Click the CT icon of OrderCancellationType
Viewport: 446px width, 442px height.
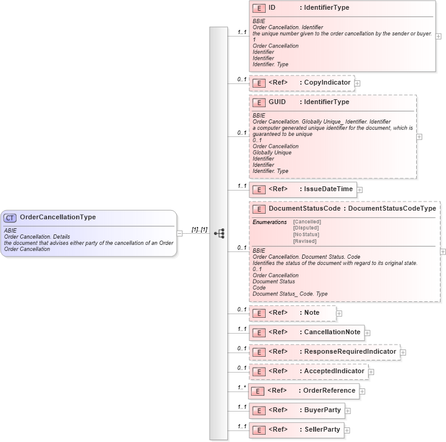pyautogui.click(x=10, y=217)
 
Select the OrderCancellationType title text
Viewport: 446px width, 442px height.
pyautogui.click(x=58, y=217)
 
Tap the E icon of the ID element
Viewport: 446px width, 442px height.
pyautogui.click(x=258, y=9)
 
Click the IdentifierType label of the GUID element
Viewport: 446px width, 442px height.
pyautogui.click(x=327, y=102)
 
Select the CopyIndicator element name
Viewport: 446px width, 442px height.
pyautogui.click(x=327, y=82)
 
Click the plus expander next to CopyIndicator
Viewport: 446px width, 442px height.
pyautogui.click(x=358, y=83)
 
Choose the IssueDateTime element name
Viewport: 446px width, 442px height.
pyautogui.click(x=328, y=189)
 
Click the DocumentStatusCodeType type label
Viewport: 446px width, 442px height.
pyautogui.click(x=392, y=209)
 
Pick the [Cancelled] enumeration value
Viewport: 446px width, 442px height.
pyautogui.click(x=307, y=222)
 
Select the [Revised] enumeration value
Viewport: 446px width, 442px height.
pyautogui.click(x=305, y=241)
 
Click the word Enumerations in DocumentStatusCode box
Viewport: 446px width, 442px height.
pyautogui.click(x=269, y=222)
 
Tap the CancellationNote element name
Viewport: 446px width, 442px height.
pyautogui.click(x=333, y=332)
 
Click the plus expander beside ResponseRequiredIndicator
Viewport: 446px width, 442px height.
pyautogui.click(x=403, y=353)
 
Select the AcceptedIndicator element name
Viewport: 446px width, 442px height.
pyautogui.click(x=334, y=371)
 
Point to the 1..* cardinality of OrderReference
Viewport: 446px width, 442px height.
pyautogui.click(x=242, y=387)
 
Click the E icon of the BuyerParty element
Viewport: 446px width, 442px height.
pyautogui.click(x=258, y=410)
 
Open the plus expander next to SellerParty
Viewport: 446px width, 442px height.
pyautogui.click(x=347, y=430)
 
